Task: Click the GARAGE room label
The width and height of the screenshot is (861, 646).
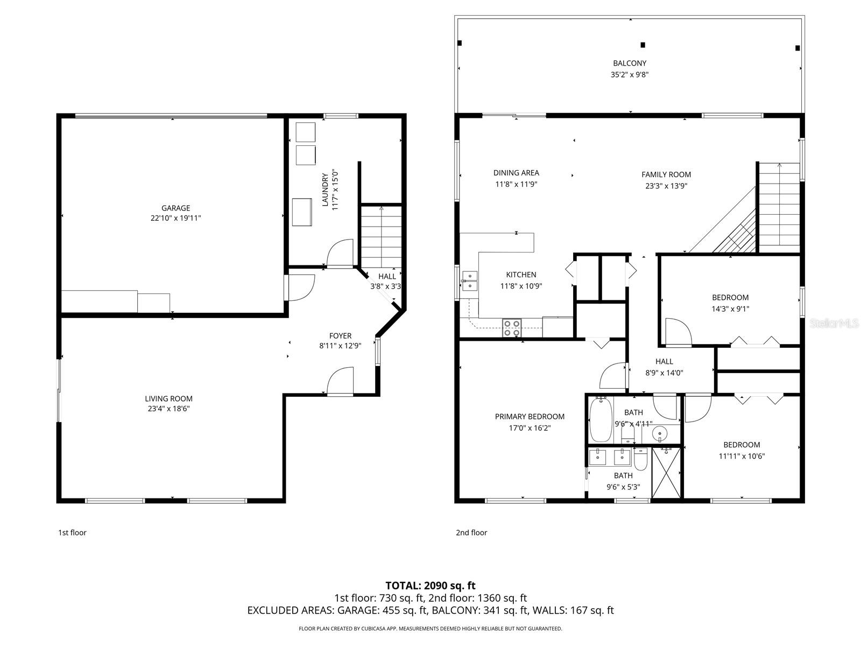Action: pos(175,208)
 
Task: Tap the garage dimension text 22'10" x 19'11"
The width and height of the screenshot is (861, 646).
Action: pos(175,218)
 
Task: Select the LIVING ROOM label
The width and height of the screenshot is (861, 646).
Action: pos(168,398)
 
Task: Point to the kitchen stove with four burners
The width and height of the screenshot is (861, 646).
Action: pos(512,328)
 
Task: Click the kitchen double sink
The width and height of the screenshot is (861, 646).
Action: pos(470,280)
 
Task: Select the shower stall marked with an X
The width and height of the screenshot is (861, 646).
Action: pos(666,473)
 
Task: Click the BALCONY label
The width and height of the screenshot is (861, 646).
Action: pos(629,63)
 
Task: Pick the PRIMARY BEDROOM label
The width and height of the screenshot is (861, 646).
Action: pos(530,416)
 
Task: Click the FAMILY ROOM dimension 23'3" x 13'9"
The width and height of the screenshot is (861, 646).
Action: pos(666,186)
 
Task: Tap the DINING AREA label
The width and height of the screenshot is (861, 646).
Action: pos(516,173)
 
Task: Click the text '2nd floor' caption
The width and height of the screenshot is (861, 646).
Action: pos(471,532)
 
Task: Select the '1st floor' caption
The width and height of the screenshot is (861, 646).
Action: pos(72,532)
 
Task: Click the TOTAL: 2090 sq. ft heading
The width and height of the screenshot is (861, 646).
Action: pos(430,585)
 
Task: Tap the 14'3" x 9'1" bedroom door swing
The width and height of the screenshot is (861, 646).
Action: pos(677,333)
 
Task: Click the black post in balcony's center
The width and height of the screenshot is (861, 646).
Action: pos(643,45)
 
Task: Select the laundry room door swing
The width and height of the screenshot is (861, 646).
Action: pos(340,253)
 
